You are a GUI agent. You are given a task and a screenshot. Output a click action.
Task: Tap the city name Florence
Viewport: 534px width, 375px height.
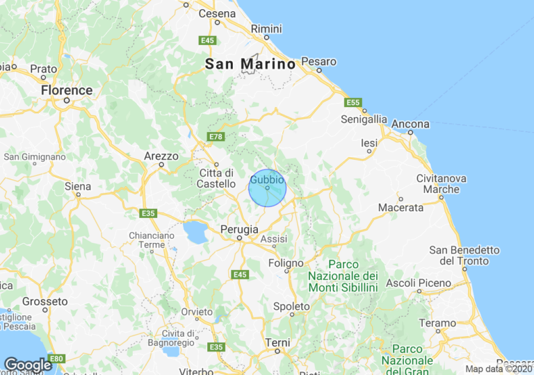67,90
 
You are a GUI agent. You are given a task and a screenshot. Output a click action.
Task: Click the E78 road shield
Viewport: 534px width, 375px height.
216,137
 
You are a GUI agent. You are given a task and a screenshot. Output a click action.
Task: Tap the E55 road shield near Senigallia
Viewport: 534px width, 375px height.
353,103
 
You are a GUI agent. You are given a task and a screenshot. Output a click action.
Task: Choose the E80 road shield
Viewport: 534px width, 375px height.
57,358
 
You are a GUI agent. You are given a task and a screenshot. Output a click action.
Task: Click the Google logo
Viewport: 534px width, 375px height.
28,365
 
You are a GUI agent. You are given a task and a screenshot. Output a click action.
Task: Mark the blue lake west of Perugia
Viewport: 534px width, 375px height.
195,233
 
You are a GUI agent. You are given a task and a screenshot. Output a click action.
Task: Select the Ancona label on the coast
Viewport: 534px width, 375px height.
410,124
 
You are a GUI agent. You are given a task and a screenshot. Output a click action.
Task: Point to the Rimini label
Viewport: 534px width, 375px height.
266,28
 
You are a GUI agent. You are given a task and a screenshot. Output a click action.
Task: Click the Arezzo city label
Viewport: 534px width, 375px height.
161,156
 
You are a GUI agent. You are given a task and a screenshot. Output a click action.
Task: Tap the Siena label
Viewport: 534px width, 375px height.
78,186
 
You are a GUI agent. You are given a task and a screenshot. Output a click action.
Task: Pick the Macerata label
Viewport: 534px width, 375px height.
400,207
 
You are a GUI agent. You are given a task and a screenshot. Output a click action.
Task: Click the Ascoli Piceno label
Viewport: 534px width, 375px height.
419,283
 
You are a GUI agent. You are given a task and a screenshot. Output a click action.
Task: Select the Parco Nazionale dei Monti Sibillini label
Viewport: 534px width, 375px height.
343,275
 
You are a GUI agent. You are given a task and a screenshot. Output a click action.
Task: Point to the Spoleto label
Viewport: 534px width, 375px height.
291,306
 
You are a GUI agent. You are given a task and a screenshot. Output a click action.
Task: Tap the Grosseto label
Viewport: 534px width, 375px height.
45,301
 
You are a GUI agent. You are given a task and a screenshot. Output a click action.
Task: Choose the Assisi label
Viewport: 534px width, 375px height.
274,239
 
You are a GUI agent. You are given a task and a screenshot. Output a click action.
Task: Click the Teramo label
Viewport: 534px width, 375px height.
439,323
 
